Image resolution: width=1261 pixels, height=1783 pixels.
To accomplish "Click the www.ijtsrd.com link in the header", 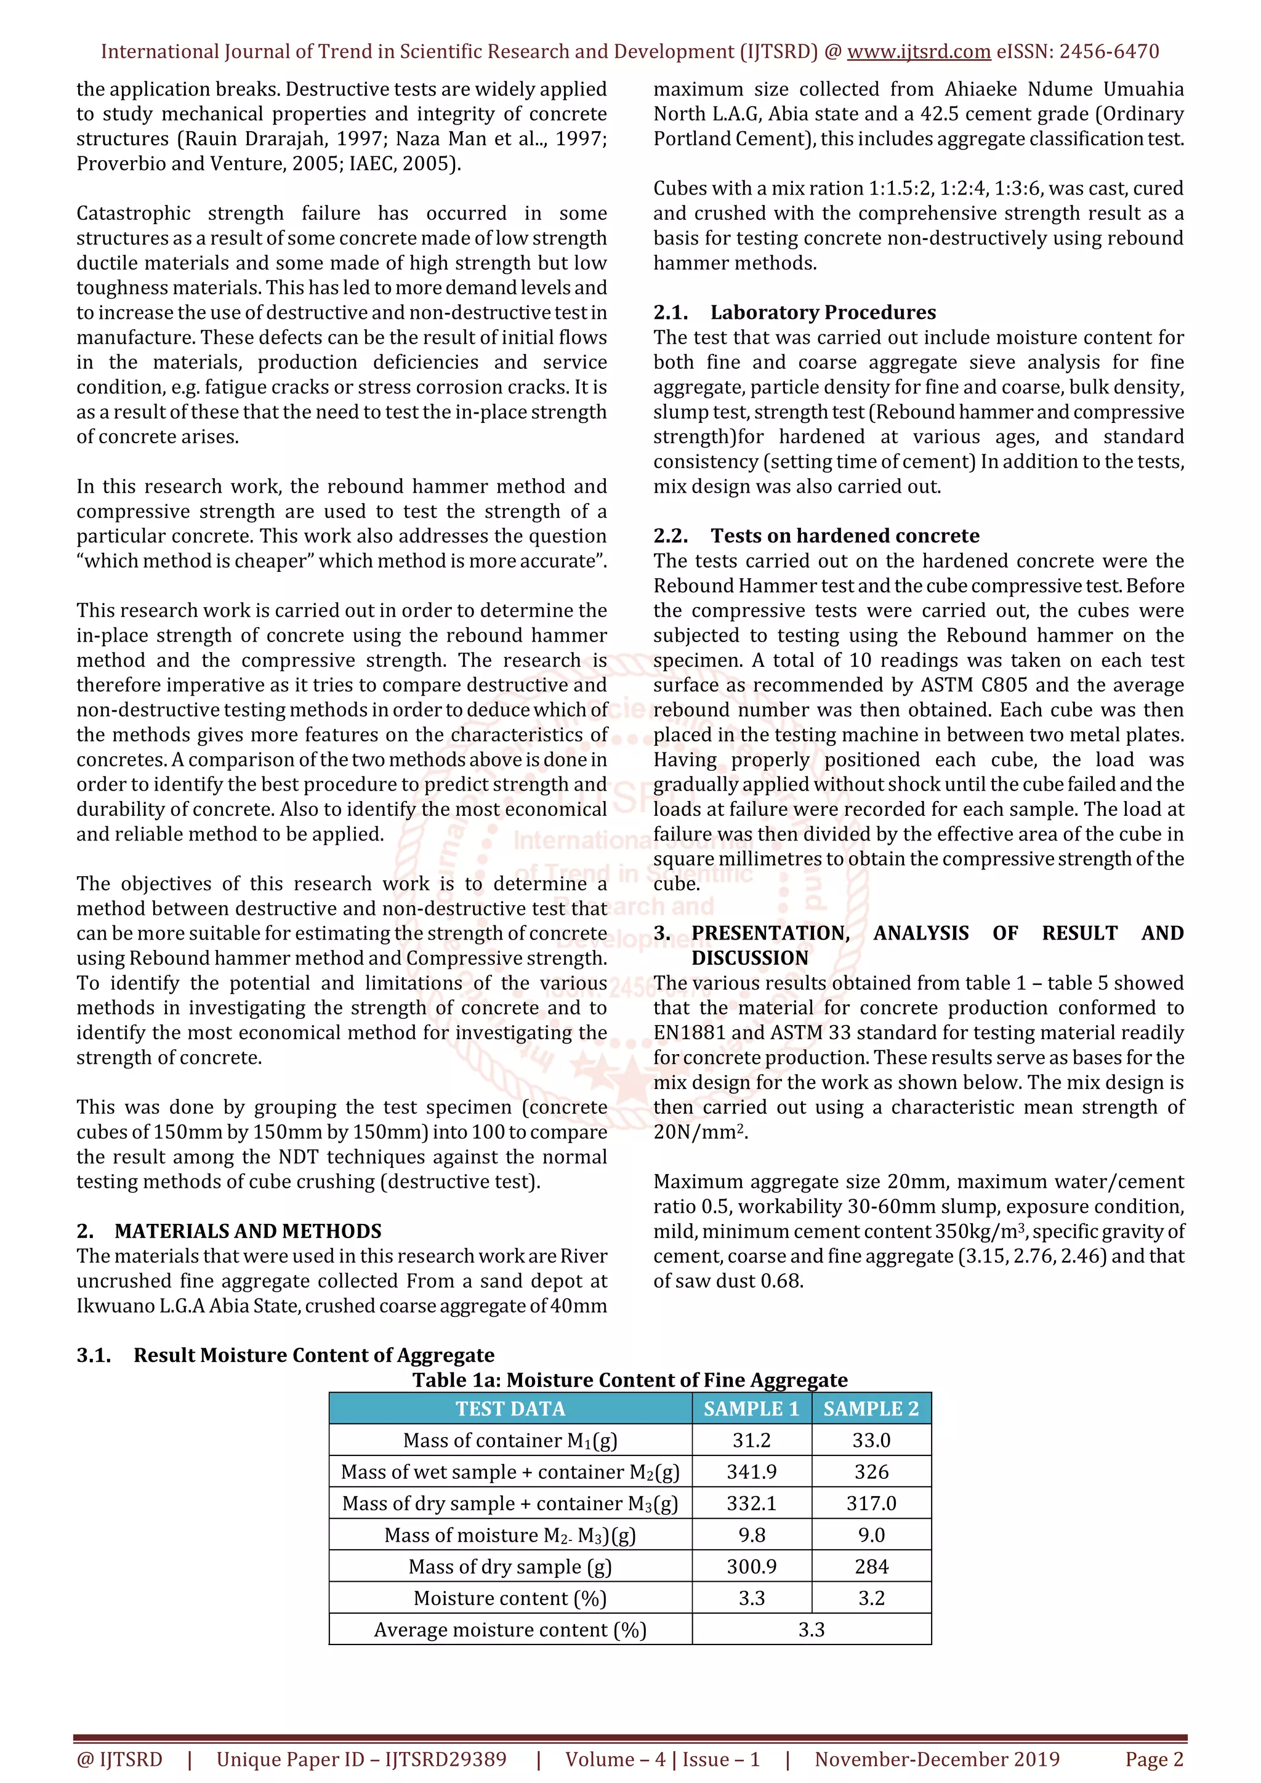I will [918, 52].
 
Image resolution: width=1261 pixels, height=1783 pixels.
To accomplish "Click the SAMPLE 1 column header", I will [751, 1409].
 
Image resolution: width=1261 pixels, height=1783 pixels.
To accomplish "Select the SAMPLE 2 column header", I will [871, 1409].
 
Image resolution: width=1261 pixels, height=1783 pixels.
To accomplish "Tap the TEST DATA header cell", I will [510, 1409].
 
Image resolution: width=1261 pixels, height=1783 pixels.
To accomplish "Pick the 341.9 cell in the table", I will [751, 1471].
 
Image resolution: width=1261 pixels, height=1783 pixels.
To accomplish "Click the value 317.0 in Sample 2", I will [871, 1503].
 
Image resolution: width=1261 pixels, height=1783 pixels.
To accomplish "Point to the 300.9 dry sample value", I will [751, 1566].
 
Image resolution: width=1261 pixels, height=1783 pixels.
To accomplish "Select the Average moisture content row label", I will [510, 1629].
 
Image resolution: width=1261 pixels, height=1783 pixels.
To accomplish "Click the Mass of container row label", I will [510, 1441].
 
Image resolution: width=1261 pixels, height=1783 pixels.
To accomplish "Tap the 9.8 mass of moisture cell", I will [751, 1534].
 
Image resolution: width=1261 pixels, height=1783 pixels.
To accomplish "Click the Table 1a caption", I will [630, 1380].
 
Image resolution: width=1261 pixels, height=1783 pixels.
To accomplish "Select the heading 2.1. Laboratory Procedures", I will [794, 312].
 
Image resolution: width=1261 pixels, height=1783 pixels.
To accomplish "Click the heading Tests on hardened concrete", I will [845, 536].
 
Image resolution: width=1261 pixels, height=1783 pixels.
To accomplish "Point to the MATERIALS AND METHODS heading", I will [248, 1231].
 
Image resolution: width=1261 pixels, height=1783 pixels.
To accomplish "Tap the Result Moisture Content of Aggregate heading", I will [313, 1355].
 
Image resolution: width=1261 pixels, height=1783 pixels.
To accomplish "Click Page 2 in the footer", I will [1154, 1759].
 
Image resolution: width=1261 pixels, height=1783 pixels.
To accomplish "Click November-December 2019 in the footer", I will [937, 1759].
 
